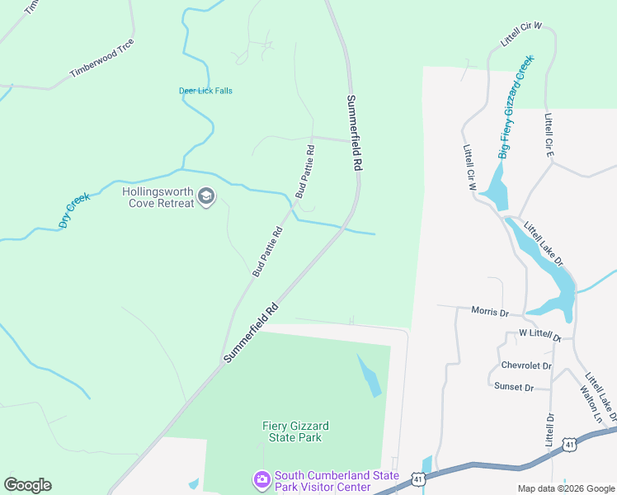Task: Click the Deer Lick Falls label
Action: (205, 91)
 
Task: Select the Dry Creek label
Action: (73, 210)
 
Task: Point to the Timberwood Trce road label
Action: (101, 59)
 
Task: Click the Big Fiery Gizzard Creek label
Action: (516, 106)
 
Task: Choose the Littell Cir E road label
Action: (548, 135)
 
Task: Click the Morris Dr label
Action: (490, 312)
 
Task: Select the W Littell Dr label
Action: (539, 336)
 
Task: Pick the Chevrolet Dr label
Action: (526, 365)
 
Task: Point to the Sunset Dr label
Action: (514, 386)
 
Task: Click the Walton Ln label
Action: (591, 404)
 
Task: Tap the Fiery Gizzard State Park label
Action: (295, 431)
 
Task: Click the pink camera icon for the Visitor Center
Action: (262, 479)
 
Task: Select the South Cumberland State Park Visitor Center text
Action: (337, 480)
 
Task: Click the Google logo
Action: (27, 485)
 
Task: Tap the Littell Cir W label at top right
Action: (520, 35)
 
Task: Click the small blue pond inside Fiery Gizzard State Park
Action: (370, 375)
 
